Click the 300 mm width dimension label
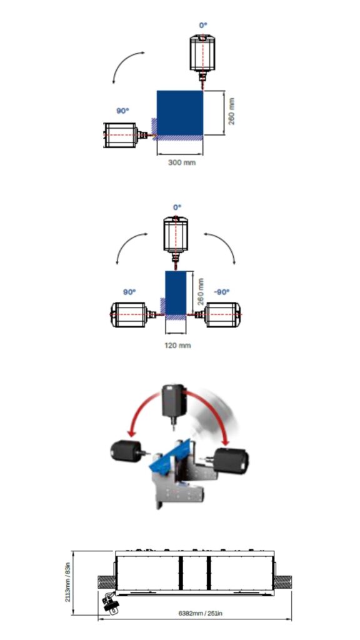click(182, 162)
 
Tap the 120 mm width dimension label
click(177, 345)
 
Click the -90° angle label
click(222, 292)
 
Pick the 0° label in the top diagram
click(203, 25)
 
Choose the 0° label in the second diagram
click(177, 207)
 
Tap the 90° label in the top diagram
click(123, 111)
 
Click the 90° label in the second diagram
click(129, 292)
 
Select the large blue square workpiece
click(180, 113)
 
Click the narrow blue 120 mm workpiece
click(176, 293)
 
